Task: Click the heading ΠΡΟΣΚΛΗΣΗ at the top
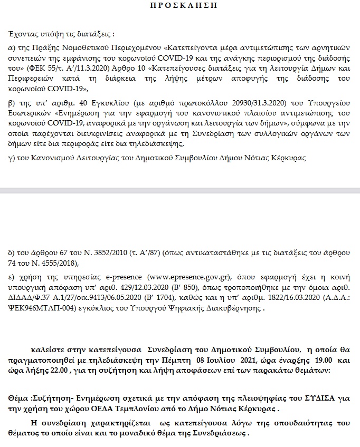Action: click(x=180, y=5)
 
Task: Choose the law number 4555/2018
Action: click(x=59, y=263)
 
